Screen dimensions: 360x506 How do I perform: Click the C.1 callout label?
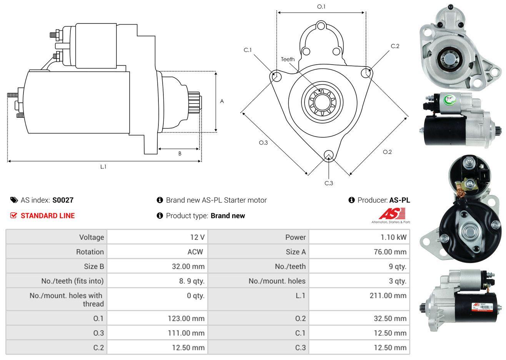click(247, 50)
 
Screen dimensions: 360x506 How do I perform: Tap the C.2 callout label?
click(395, 46)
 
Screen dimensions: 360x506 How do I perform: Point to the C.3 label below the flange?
click(329, 183)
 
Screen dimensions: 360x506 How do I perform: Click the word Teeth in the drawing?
click(288, 59)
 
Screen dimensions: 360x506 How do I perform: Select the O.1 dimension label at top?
click(321, 7)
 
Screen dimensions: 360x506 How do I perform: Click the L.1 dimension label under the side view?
click(103, 167)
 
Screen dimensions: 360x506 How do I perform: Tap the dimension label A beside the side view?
click(222, 102)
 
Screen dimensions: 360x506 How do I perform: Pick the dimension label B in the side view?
click(180, 153)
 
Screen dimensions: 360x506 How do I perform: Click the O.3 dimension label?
click(263, 143)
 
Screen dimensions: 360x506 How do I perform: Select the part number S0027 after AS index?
click(63, 200)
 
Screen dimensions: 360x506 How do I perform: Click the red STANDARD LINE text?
click(48, 216)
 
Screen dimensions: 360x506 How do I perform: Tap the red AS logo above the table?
click(392, 213)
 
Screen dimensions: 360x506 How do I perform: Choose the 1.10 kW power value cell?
click(393, 237)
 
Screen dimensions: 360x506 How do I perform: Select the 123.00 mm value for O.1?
click(186, 318)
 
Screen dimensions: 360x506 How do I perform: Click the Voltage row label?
click(92, 237)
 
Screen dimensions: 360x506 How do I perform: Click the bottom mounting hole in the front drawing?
click(328, 155)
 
